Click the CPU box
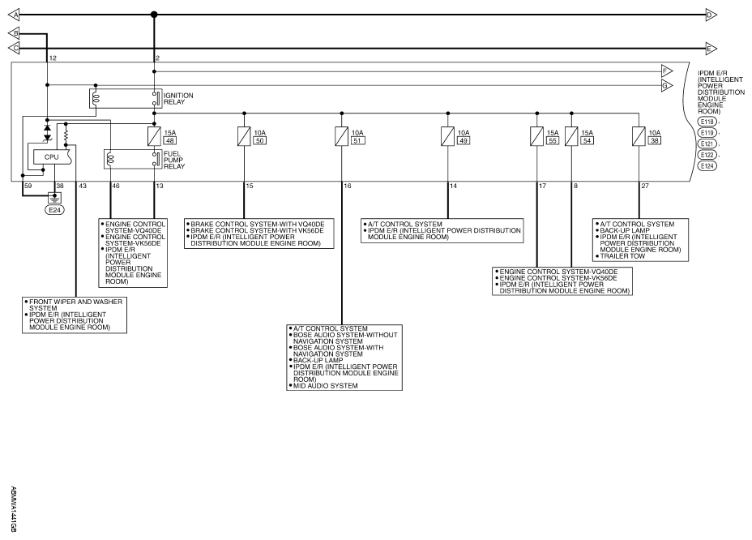tap(53, 157)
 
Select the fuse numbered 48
tap(154, 136)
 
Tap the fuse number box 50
tap(259, 140)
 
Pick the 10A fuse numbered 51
tap(341, 136)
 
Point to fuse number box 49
tap(464, 140)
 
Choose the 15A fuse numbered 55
tap(536, 136)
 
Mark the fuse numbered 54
tap(571, 136)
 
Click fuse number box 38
tap(654, 140)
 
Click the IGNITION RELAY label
tap(178, 99)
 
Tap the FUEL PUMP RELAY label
tap(174, 161)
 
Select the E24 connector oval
tap(54, 210)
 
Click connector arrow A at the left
tap(14, 15)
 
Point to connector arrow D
tap(711, 15)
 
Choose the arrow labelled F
tap(667, 71)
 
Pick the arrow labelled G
tap(667, 86)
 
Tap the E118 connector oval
tap(707, 122)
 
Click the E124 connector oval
tap(707, 166)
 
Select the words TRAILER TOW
tap(622, 256)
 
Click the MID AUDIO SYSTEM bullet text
tap(325, 386)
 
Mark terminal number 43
tap(83, 186)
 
